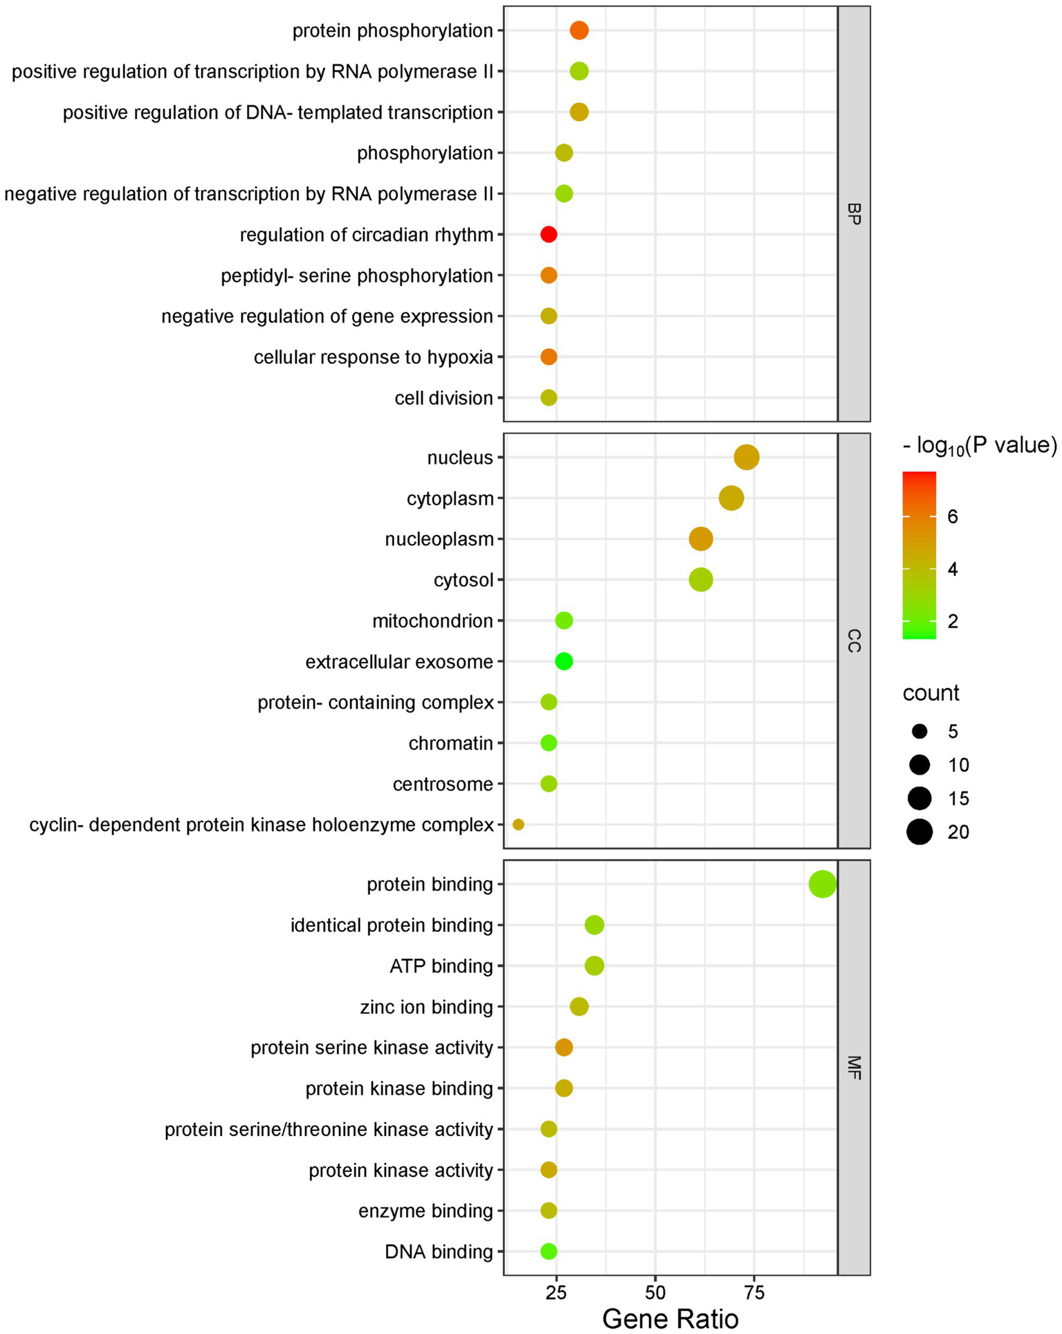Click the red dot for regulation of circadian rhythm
[x=548, y=235]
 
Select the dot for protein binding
[x=822, y=884]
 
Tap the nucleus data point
[x=746, y=458]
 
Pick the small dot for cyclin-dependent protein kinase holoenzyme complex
[x=518, y=824]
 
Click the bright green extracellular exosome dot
[x=564, y=662]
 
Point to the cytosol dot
[x=700, y=579]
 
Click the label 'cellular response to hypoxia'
[x=373, y=357]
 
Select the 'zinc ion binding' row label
[x=426, y=1007]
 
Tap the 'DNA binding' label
[x=439, y=1252]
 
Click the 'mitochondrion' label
[x=432, y=621]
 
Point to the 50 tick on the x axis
[x=655, y=1292]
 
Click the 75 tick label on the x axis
[x=754, y=1292]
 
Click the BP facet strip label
[x=854, y=214]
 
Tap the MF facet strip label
[x=854, y=1067]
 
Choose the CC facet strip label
[x=854, y=640]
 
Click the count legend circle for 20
[x=919, y=831]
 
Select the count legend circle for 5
[x=919, y=731]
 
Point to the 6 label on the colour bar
[x=953, y=516]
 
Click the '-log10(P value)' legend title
[x=979, y=445]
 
